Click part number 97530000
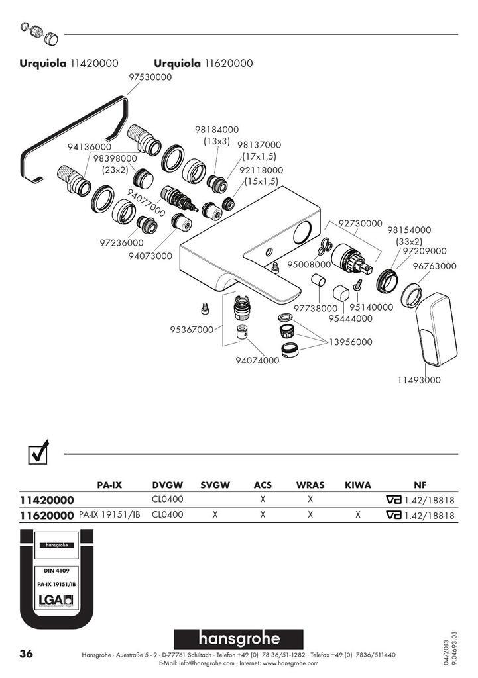(x=150, y=77)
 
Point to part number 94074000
(x=257, y=360)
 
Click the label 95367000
(x=192, y=329)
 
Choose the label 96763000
(x=435, y=266)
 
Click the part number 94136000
(x=89, y=146)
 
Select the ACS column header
(x=263, y=485)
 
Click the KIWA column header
(x=357, y=485)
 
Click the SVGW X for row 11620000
(x=215, y=514)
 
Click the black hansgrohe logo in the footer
(x=239, y=638)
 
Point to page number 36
(x=26, y=654)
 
